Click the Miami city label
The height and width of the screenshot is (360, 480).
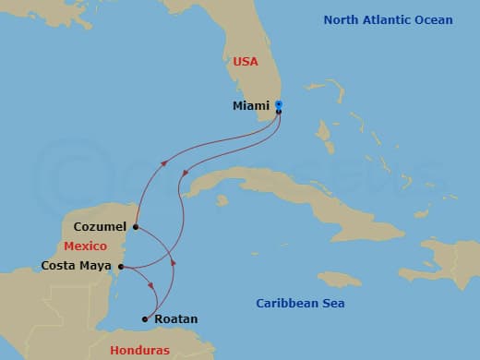point(251,106)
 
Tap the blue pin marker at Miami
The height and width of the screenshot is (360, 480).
point(279,104)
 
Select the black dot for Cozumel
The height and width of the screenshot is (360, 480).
point(136,226)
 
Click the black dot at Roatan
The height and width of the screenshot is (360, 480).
point(144,319)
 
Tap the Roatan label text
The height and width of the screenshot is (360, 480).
point(175,319)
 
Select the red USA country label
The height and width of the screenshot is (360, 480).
point(246,62)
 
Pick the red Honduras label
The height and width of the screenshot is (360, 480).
point(139,350)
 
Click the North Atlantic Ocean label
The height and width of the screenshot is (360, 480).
point(389,19)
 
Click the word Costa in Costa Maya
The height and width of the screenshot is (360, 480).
point(59,266)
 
